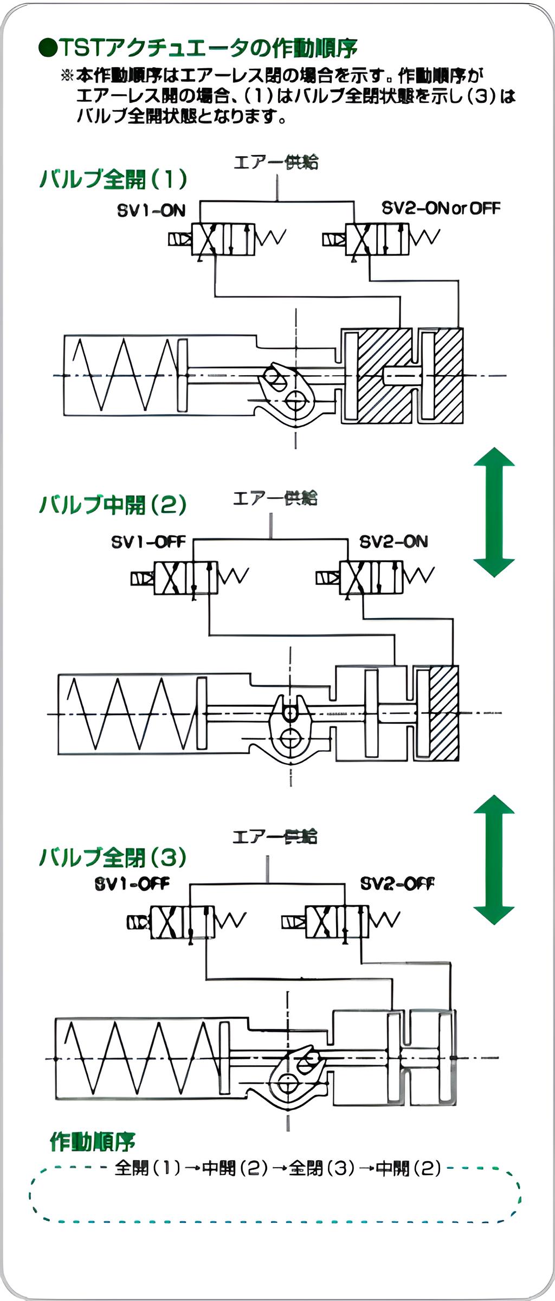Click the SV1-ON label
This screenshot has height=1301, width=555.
point(151,211)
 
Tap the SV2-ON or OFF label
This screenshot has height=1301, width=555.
point(441,208)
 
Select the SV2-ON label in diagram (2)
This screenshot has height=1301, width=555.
point(393,542)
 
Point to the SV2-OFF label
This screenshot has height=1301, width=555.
point(397,884)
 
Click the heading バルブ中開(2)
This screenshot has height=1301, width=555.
point(113,505)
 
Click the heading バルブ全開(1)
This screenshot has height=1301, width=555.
point(113,179)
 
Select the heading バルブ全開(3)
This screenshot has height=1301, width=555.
point(113,857)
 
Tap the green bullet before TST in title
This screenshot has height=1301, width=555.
point(48,48)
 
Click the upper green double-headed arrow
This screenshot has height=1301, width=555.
point(494,512)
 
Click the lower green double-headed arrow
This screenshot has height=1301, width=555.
point(494,859)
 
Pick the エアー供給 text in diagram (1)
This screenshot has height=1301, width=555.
point(276,162)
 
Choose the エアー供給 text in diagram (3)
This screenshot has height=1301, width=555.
point(275,836)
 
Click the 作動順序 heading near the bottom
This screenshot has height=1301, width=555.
point(92,1142)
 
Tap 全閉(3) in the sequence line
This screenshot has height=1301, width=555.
point(321,1168)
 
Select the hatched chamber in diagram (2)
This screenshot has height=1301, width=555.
point(444,713)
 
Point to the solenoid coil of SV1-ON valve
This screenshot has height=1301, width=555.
point(179,239)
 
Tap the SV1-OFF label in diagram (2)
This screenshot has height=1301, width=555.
point(148,542)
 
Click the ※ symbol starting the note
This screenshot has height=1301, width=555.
point(67,75)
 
